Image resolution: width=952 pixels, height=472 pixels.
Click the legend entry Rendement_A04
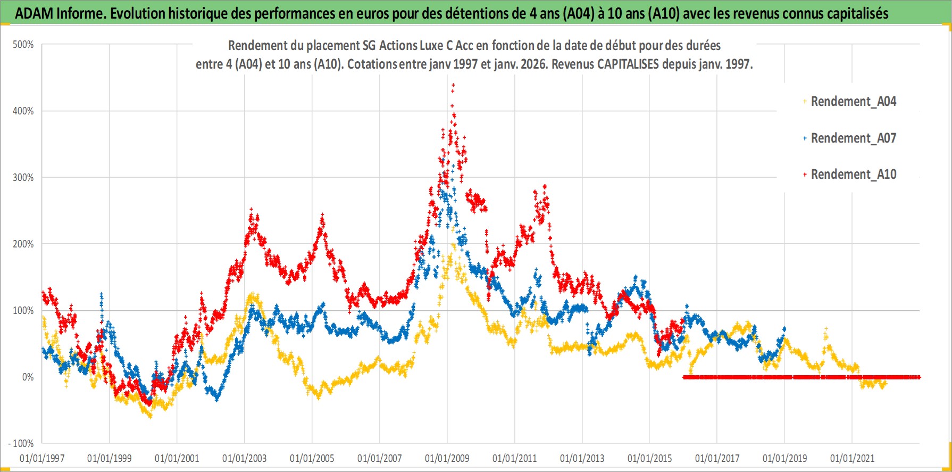[853, 101]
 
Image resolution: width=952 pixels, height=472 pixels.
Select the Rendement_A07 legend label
[853, 138]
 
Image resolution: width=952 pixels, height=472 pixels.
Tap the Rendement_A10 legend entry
[853, 174]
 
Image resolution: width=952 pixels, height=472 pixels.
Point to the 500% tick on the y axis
[23, 45]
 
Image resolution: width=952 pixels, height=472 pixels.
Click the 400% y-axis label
[23, 111]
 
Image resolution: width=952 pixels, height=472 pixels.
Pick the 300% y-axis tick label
[23, 177]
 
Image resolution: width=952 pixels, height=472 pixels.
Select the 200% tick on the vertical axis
[23, 244]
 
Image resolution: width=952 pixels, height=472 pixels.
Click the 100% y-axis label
[23, 310]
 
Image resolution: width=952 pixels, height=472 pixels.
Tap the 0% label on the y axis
[28, 377]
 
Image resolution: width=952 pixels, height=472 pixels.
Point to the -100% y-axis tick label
[21, 443]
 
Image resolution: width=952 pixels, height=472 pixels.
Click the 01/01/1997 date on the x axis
[42, 458]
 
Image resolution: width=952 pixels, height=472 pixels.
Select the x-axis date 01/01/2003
[244, 458]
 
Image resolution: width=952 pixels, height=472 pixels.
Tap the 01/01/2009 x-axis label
[447, 458]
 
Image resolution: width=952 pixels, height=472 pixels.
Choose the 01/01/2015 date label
[649, 458]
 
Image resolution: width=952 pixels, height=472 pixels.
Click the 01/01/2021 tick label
[852, 458]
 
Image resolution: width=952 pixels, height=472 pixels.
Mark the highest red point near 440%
[453, 85]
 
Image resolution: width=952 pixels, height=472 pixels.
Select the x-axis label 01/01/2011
[514, 458]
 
